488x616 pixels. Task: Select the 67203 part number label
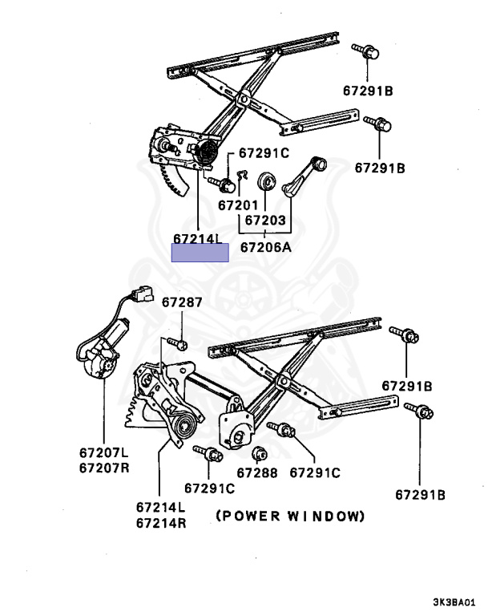coord(265,219)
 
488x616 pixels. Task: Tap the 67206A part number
coord(266,247)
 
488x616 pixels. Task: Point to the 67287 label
coord(182,302)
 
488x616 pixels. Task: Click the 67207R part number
coord(103,468)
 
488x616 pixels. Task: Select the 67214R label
coord(160,521)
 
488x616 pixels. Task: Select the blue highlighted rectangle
coord(200,253)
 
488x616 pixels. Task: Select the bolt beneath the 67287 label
coord(181,344)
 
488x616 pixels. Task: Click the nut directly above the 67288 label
coord(258,455)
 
